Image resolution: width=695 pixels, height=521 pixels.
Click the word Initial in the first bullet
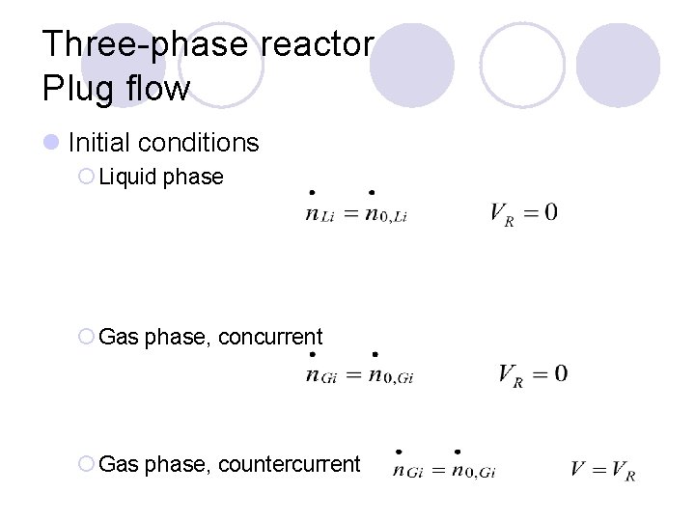[x=98, y=143]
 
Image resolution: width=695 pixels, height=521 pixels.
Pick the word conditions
[x=198, y=143]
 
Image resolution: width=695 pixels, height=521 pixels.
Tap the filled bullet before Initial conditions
[x=51, y=143]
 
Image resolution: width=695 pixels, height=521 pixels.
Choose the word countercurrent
[x=290, y=464]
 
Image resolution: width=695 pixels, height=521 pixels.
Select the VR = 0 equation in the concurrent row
[x=533, y=374]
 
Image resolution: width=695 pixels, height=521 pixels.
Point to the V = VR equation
[x=602, y=471]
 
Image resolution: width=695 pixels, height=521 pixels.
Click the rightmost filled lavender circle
[x=618, y=65]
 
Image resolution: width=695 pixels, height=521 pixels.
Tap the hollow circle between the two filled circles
[x=522, y=65]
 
